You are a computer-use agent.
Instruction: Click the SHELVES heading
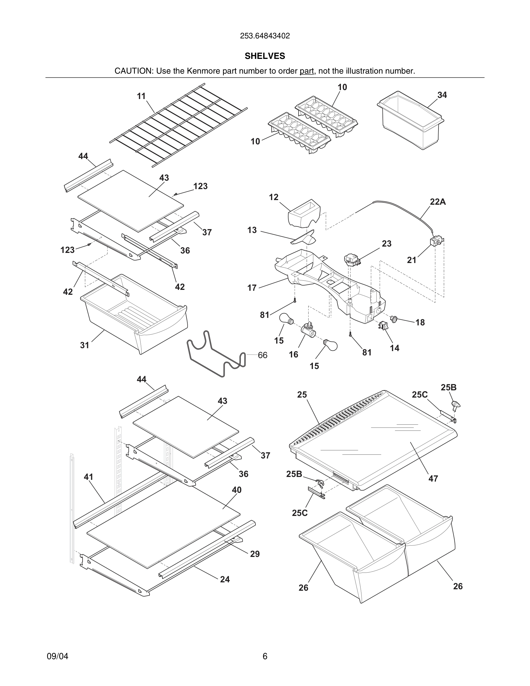coord(265,56)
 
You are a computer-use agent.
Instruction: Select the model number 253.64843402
coord(265,36)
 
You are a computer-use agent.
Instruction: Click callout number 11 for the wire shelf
coord(141,96)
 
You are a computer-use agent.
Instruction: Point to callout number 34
coord(442,95)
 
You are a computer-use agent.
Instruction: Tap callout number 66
coord(262,355)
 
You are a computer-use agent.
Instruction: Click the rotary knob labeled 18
coord(394,319)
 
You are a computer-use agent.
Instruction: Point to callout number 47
coord(433,479)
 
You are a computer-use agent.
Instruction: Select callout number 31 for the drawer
coord(85,345)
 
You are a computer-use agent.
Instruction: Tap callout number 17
coord(252,288)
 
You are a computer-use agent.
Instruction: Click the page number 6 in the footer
coord(265,656)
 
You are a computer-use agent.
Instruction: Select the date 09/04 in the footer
coord(57,656)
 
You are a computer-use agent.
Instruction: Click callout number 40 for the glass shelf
coord(236,490)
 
